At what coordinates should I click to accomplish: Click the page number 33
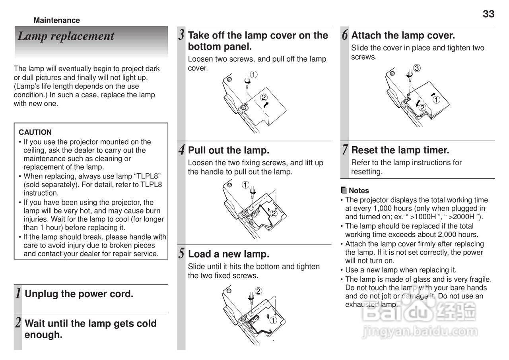click(488, 14)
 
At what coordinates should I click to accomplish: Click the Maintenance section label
click(56, 20)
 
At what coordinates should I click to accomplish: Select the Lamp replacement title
click(66, 36)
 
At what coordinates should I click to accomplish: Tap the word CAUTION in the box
click(35, 132)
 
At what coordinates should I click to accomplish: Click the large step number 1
click(18, 294)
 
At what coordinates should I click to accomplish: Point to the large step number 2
click(18, 322)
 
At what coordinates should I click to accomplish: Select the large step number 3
click(181, 35)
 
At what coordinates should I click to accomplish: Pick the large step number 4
click(181, 150)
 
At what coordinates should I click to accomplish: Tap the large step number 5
click(181, 254)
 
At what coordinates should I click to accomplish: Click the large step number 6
click(344, 35)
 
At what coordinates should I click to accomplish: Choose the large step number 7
click(344, 150)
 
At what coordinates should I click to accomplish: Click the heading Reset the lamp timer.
click(400, 150)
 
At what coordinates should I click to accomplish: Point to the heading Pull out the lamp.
click(229, 150)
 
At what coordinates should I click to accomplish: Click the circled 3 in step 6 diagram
click(416, 68)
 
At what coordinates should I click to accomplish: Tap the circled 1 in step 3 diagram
click(253, 74)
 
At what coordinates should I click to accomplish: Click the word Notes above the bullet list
click(359, 191)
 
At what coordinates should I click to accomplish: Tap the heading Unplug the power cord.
click(79, 294)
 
